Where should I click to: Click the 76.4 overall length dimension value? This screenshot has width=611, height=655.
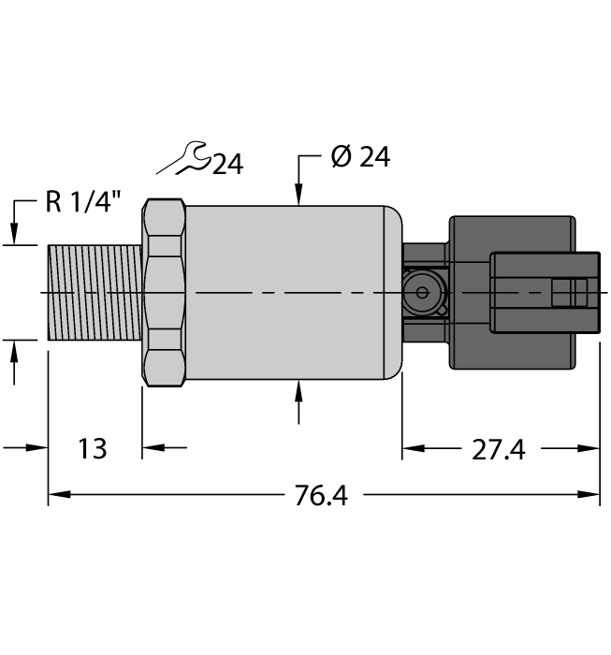pyautogui.click(x=321, y=496)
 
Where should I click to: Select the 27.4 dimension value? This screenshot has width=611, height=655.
pyautogui.click(x=499, y=450)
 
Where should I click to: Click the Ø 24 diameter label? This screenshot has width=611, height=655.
pyautogui.click(x=359, y=157)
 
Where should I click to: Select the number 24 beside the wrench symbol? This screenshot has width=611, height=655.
pyautogui.click(x=226, y=166)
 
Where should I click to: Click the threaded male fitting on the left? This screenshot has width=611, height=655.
pyautogui.click(x=94, y=293)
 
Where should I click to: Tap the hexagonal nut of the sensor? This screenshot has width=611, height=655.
pyautogui.click(x=165, y=293)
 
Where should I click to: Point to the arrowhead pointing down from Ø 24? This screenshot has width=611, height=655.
pyautogui.click(x=298, y=196)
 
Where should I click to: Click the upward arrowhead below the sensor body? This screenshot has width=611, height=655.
pyautogui.click(x=298, y=389)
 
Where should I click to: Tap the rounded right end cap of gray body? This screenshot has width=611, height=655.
pyautogui.click(x=393, y=293)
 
